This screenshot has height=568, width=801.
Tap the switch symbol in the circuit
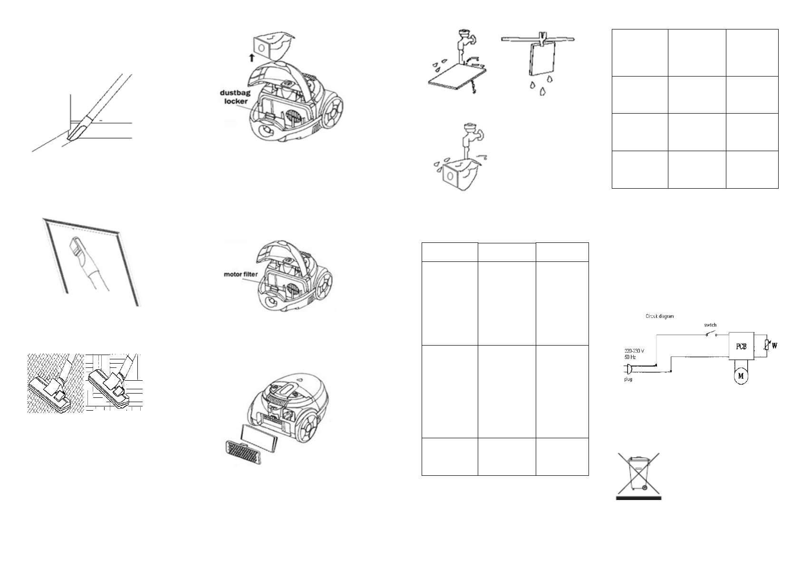click(x=709, y=335)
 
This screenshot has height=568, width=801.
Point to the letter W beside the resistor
click(x=774, y=346)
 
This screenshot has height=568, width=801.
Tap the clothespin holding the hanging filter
click(x=542, y=37)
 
